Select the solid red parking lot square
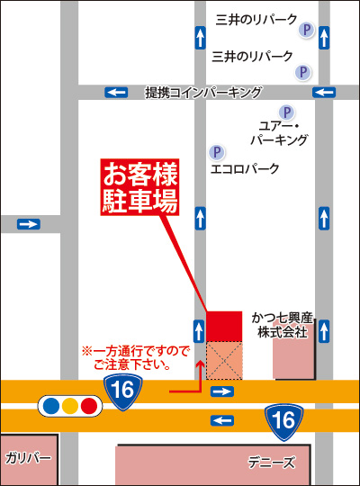(224, 326)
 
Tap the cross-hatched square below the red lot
(224, 359)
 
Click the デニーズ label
(271, 463)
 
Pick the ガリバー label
(28, 458)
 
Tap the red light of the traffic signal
(88, 406)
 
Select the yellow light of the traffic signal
(68, 406)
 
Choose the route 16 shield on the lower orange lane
(283, 418)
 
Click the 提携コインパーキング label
(203, 92)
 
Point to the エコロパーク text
(245, 168)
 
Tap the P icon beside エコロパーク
(216, 152)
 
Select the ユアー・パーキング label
(283, 132)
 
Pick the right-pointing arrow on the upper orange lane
(221, 391)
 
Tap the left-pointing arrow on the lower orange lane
(221, 420)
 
